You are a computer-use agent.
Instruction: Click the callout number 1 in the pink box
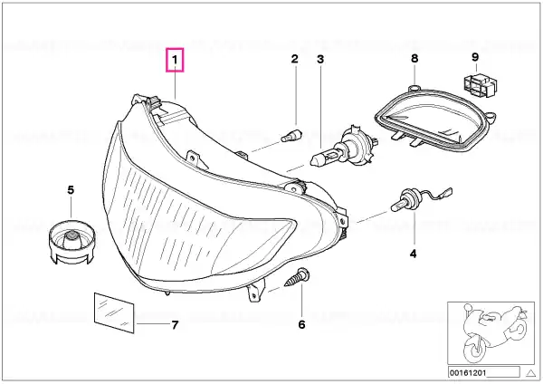[x=175, y=60]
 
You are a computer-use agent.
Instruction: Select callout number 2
[x=294, y=59]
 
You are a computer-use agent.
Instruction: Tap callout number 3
[x=320, y=59]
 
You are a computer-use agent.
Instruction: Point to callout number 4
[x=414, y=254]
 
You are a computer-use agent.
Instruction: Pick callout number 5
[x=71, y=190]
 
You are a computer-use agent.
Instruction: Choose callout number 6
[x=301, y=325]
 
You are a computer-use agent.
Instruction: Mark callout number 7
[x=175, y=325]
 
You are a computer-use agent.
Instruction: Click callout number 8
[x=414, y=59]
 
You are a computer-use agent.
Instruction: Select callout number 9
[x=475, y=57]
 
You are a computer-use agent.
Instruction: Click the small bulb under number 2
[x=291, y=135]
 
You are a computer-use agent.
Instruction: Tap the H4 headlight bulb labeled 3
[x=344, y=149]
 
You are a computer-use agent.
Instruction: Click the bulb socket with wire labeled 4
[x=421, y=199]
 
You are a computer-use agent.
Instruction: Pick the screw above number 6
[x=297, y=277]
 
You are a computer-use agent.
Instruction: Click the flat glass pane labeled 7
[x=114, y=312]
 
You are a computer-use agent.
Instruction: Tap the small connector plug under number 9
[x=480, y=84]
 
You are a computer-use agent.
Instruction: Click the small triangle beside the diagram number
[x=530, y=373]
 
